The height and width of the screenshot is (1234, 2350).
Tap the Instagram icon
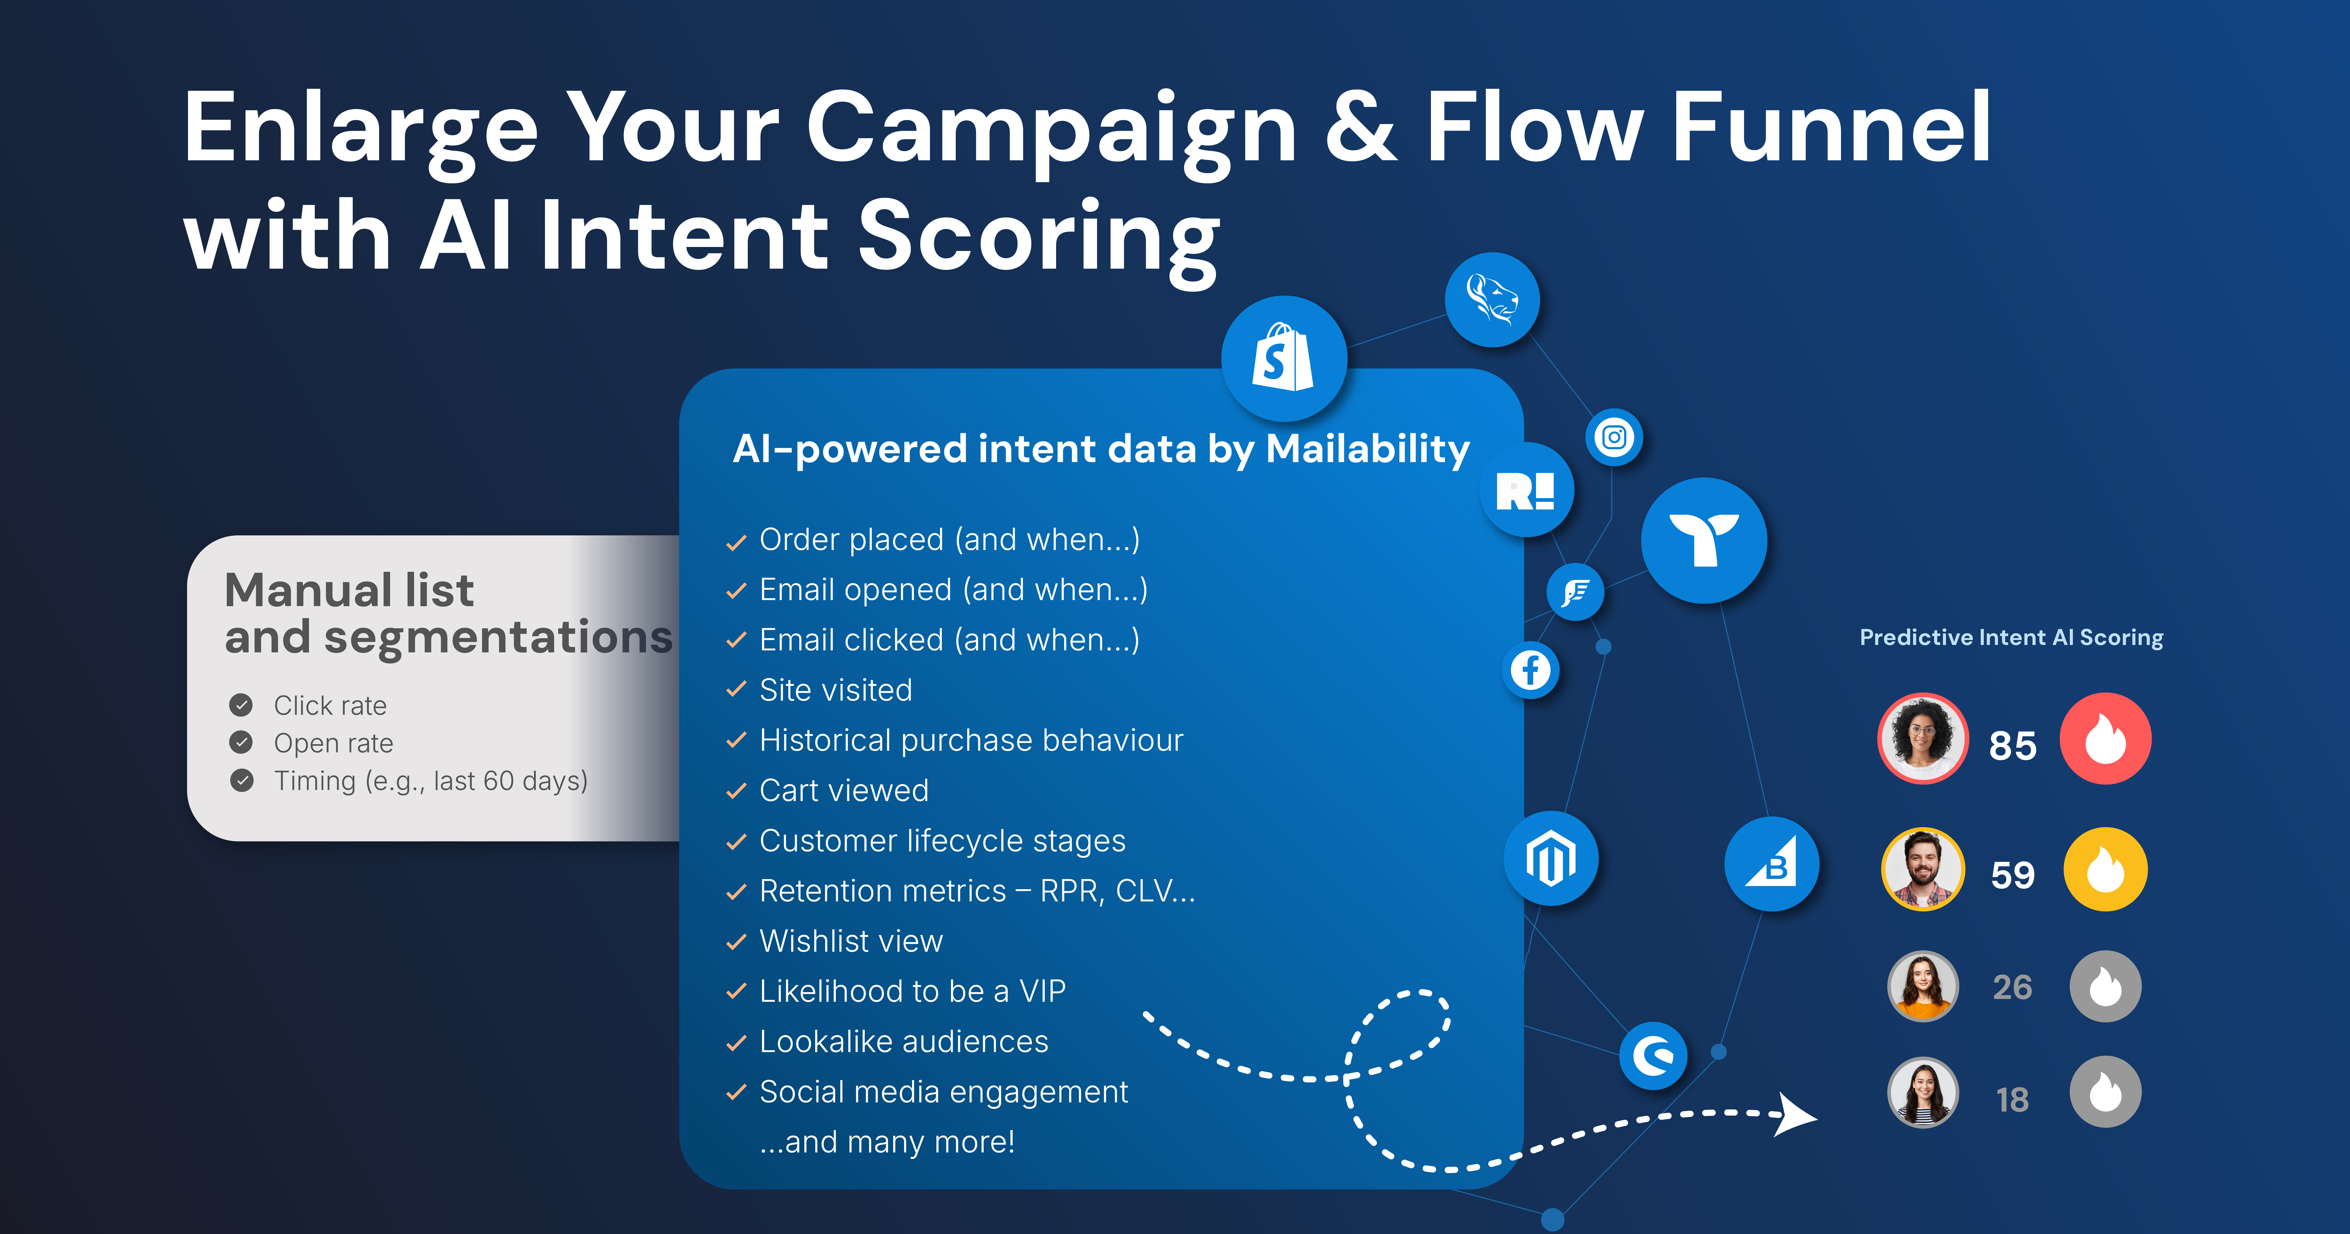pos(1614,437)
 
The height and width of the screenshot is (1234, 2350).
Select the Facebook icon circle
pos(1530,670)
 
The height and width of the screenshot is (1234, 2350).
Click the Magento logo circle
pos(1551,858)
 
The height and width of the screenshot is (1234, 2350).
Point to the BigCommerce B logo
pos(1772,863)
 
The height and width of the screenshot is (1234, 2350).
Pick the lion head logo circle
pos(1492,299)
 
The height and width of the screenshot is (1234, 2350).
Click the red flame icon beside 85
pos(2106,738)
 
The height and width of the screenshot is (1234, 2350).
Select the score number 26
pos(2013,988)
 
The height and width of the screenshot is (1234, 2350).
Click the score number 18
pos(2013,1100)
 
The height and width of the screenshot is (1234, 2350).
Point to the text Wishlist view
pos(851,941)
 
